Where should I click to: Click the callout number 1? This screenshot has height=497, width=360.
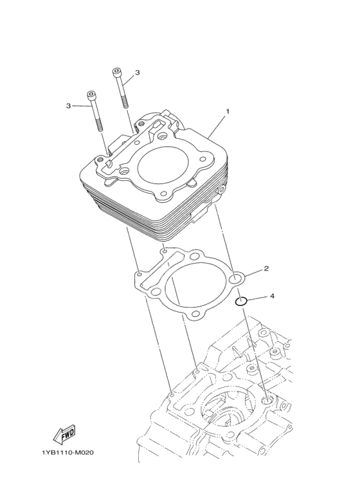227,111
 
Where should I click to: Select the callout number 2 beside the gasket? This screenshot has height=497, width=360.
266,269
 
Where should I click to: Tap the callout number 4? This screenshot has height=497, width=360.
272,296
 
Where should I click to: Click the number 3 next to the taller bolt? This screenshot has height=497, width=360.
137,73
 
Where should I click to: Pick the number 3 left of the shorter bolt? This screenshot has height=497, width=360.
68,106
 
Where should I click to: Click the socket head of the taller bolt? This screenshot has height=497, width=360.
116,71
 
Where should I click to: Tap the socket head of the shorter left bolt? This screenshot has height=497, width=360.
91,95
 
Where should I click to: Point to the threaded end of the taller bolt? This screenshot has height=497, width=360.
124,102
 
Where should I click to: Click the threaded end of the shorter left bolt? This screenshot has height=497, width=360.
100,125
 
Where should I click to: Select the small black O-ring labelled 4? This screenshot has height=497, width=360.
241,301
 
